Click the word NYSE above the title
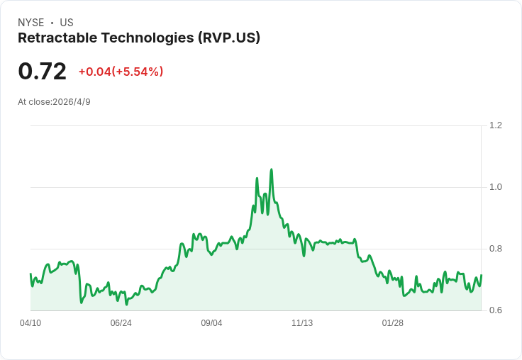[x=31, y=23]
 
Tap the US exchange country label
[x=67, y=23]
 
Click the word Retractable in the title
[x=57, y=38]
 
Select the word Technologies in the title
[x=148, y=38]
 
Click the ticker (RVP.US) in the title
[x=229, y=38]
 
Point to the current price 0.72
[x=43, y=72]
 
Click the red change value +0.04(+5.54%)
[x=121, y=72]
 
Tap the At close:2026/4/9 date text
[x=55, y=102]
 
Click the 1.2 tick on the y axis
[x=495, y=125]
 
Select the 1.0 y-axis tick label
[x=495, y=187]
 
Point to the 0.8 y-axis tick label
[x=495, y=249]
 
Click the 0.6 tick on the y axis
[x=495, y=310]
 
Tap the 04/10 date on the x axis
[x=30, y=323]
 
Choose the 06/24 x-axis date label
[x=121, y=323]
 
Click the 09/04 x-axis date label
[x=211, y=323]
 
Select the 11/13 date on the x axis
[x=302, y=323]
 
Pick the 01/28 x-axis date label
[x=392, y=323]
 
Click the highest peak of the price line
[x=272, y=169]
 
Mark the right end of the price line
[x=482, y=275]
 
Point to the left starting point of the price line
[x=30, y=274]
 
